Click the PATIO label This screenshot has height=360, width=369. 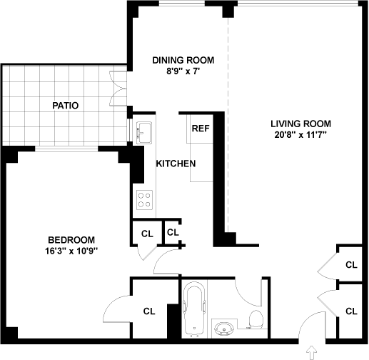point(66,106)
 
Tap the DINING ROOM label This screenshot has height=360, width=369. point(183,60)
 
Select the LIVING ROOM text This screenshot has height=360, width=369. point(300,124)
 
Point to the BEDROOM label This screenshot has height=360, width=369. point(71,240)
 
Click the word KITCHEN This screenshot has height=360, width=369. point(176,164)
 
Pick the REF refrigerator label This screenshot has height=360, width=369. point(201,129)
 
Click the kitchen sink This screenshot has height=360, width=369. point(144,133)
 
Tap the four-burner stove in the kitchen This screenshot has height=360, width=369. point(144,200)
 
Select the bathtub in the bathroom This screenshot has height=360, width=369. point(194,310)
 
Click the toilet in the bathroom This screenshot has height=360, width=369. point(256,319)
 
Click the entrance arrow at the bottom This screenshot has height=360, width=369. point(312,352)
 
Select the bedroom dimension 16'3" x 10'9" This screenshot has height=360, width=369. point(71,251)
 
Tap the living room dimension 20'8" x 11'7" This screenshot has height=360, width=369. point(300,135)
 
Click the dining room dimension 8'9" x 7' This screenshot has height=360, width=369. point(183,71)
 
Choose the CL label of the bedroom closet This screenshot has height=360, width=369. point(149,311)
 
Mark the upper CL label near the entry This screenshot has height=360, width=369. point(351,265)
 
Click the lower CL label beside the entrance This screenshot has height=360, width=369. point(351,311)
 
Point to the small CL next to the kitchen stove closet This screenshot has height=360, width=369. point(173,232)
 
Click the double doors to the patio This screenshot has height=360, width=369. point(118,89)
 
